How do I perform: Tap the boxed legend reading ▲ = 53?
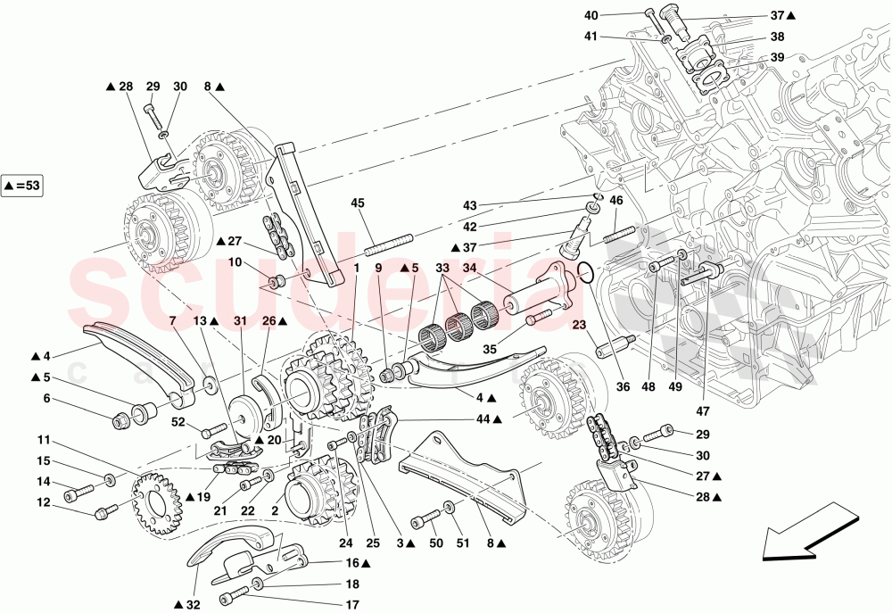click(x=22, y=186)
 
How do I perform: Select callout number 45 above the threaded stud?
click(x=358, y=203)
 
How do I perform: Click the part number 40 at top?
click(x=617, y=15)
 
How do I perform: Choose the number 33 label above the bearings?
click(x=442, y=267)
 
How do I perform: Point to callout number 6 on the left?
click(x=45, y=401)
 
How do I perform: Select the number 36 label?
click(x=624, y=386)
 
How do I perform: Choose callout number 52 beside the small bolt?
click(x=178, y=423)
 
